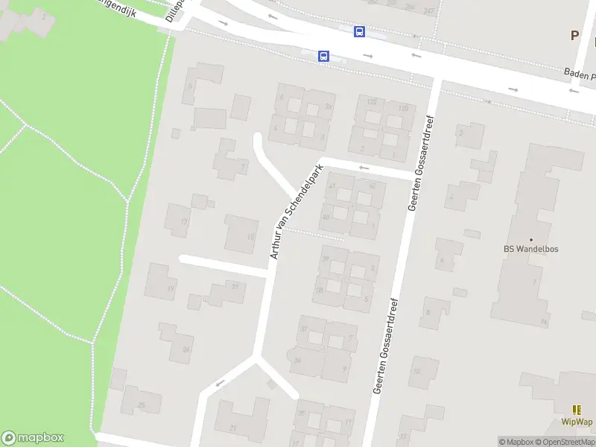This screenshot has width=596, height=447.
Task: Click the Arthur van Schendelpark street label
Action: (295, 212)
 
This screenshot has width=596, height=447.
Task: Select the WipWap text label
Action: (577, 422)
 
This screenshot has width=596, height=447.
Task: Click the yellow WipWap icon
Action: (577, 409)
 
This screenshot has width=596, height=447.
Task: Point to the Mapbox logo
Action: (33, 438)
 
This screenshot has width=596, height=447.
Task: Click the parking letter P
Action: (574, 35)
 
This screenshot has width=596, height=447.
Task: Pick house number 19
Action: (171, 288)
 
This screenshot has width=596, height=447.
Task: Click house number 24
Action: (186, 349)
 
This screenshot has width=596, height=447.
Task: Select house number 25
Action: (141, 406)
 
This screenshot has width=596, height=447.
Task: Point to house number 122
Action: (372, 101)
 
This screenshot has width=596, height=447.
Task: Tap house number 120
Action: (403, 109)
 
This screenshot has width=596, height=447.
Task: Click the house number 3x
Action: (327, 107)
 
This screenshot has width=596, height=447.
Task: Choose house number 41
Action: (332, 186)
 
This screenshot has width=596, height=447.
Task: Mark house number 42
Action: (372, 186)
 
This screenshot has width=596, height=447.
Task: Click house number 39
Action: (325, 259)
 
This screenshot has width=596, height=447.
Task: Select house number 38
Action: (320, 289)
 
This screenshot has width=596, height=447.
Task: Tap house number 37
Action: (303, 329)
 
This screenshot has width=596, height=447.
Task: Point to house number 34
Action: (297, 361)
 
